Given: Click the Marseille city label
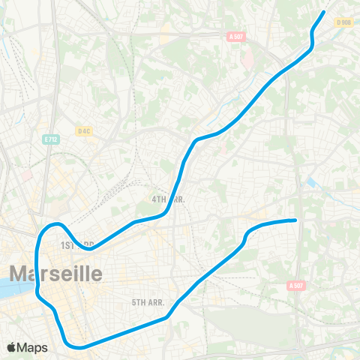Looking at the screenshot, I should pyautogui.click(x=55, y=273).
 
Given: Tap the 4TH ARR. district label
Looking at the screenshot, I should pyautogui.click(x=169, y=199).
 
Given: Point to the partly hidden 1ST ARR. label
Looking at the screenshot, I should pyautogui.click(x=76, y=244).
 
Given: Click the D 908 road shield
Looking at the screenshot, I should pyautogui.click(x=344, y=22).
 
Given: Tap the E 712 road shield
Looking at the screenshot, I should pyautogui.click(x=51, y=139).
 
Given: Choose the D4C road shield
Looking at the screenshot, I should pyautogui.click(x=84, y=130).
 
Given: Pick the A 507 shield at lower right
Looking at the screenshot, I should pyautogui.click(x=297, y=286).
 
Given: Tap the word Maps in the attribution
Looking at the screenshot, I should pyautogui.click(x=34, y=347).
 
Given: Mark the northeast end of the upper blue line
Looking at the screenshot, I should pyautogui.click(x=324, y=11).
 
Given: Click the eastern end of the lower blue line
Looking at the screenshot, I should pyautogui.click(x=295, y=220).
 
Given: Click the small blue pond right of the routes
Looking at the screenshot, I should pyautogui.click(x=311, y=182).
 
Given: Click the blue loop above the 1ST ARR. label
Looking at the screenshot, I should pyautogui.click(x=52, y=226).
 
